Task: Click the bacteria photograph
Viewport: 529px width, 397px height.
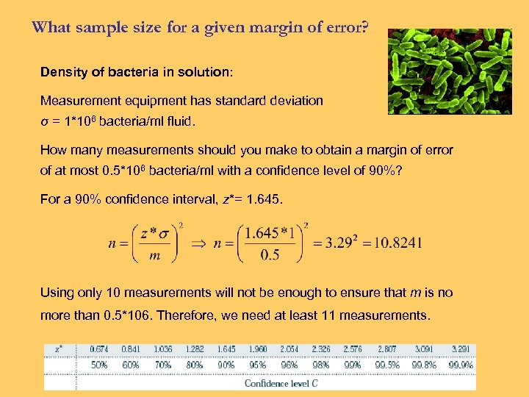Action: click(449, 71)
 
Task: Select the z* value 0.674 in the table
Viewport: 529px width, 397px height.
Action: click(100, 349)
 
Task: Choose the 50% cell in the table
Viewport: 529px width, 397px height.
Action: click(100, 365)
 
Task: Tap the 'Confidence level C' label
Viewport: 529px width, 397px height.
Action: click(282, 383)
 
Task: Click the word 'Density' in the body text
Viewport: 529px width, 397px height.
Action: click(62, 73)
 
